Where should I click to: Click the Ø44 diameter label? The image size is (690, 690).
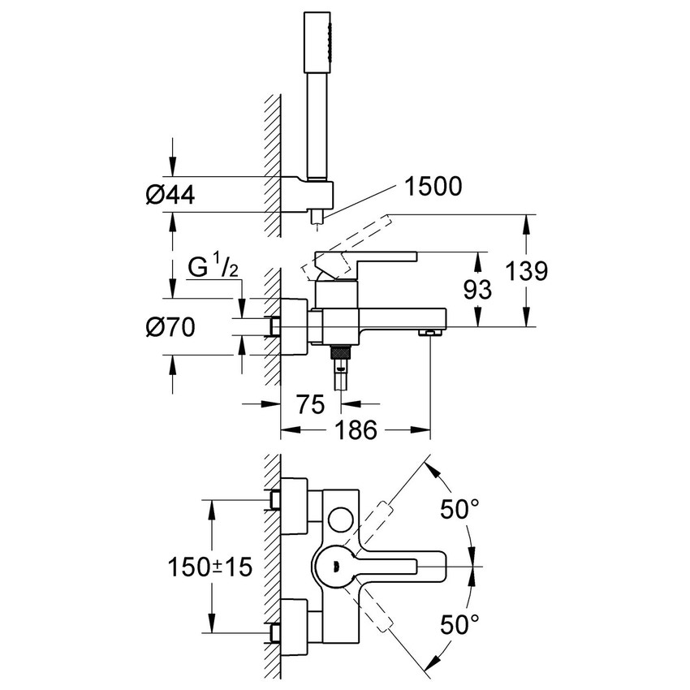(170, 195)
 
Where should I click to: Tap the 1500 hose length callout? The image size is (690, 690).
(433, 186)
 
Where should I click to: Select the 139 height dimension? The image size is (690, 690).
(526, 270)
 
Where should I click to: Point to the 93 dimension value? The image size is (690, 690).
(478, 290)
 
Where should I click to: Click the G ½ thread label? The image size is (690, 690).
(213, 267)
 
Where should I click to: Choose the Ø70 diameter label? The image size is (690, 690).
(170, 327)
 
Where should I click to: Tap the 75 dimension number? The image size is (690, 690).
(310, 404)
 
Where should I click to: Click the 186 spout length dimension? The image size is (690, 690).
(356, 429)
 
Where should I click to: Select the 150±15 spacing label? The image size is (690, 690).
(210, 567)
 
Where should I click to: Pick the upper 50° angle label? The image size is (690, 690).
(459, 510)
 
